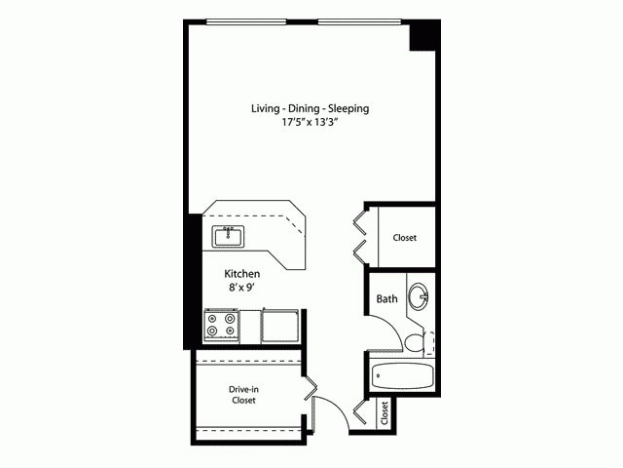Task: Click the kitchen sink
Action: [x=229, y=236]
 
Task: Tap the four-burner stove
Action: [x=221, y=325]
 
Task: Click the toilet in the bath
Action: [x=416, y=341]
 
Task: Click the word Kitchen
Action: [x=241, y=275]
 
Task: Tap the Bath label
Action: [x=386, y=299]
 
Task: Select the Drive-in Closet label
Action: [x=244, y=394]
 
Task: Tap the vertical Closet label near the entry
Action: [x=385, y=412]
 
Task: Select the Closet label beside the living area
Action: [x=406, y=238]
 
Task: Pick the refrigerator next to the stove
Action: [x=280, y=325]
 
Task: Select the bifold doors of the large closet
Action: [x=359, y=234]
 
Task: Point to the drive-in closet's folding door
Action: [x=310, y=393]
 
